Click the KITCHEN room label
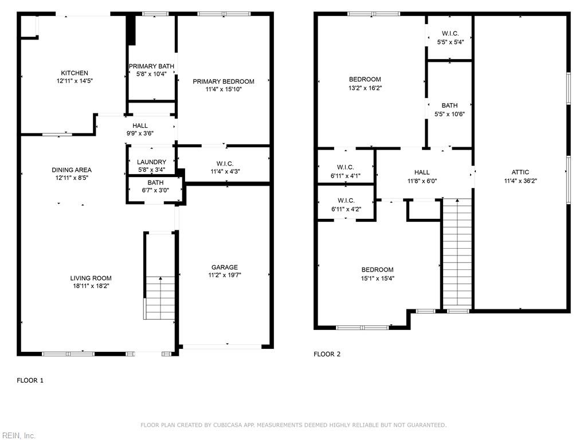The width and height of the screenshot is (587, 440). [75, 73]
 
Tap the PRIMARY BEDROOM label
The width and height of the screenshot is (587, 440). [223, 81]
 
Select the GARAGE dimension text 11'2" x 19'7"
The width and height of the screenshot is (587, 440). [224, 275]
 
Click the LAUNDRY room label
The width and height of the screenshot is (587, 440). [151, 162]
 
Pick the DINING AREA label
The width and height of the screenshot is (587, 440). [72, 170]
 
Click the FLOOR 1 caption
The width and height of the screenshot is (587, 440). [30, 380]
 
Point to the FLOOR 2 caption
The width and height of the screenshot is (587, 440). [327, 354]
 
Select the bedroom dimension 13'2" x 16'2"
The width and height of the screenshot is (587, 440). [365, 88]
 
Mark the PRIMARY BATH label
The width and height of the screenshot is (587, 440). [151, 66]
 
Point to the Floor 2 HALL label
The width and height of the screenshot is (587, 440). [422, 172]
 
